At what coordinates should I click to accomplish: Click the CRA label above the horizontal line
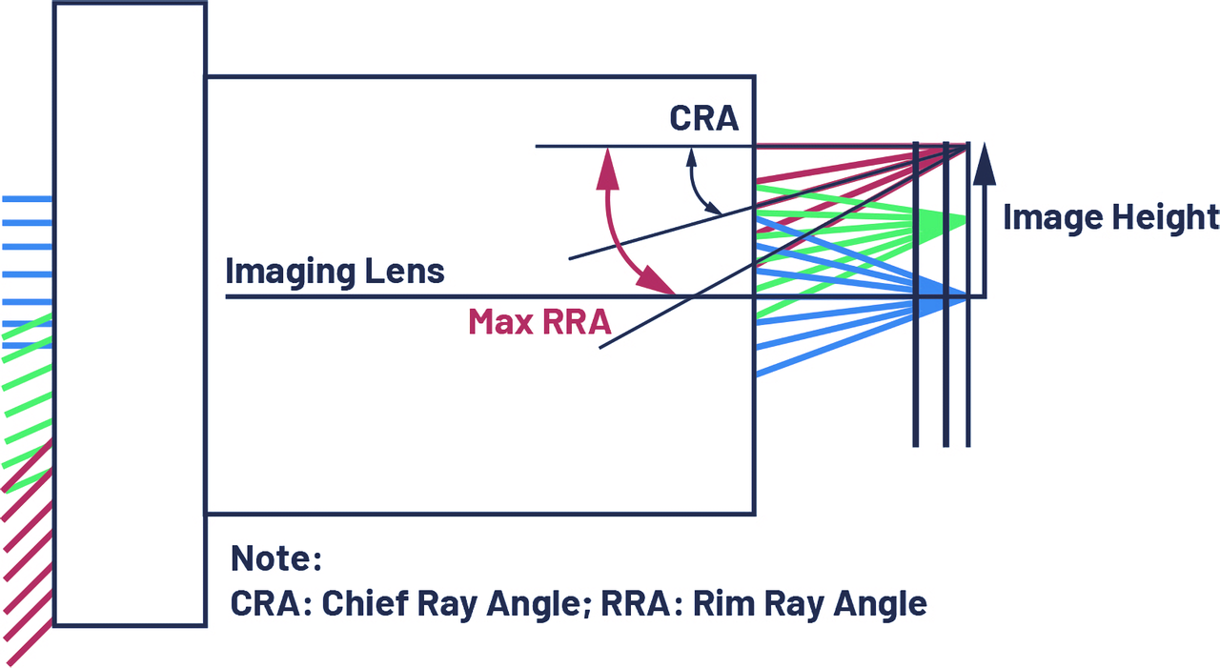click(703, 118)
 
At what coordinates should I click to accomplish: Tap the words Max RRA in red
click(539, 321)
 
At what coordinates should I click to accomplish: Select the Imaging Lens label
click(335, 271)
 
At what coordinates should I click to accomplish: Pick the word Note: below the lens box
click(275, 558)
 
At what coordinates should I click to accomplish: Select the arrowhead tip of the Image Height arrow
click(985, 144)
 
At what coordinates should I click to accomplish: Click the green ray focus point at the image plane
click(967, 220)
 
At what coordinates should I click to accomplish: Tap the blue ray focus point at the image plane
click(966, 297)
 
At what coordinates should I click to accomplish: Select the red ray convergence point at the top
click(967, 146)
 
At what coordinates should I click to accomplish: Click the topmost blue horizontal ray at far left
click(27, 199)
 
